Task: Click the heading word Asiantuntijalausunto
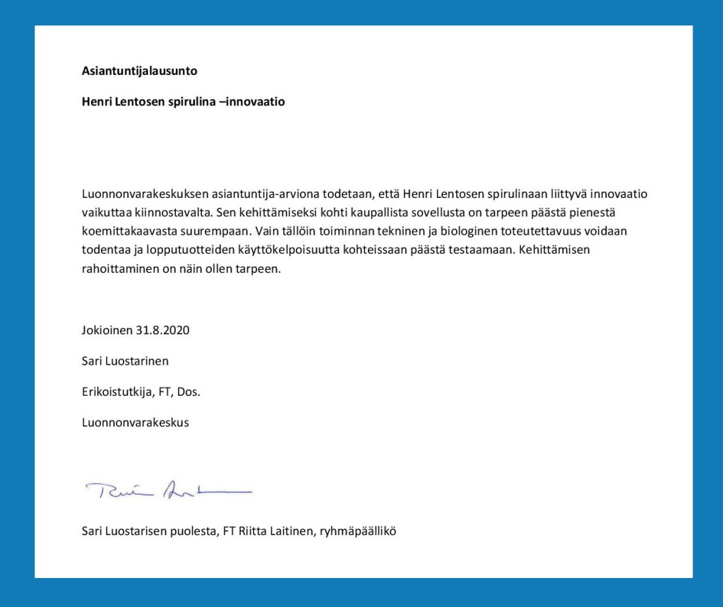(139, 71)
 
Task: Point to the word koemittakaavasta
(125, 231)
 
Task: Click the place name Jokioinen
(107, 330)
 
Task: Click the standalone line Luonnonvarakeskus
(135, 423)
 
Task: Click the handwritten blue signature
(168, 490)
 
